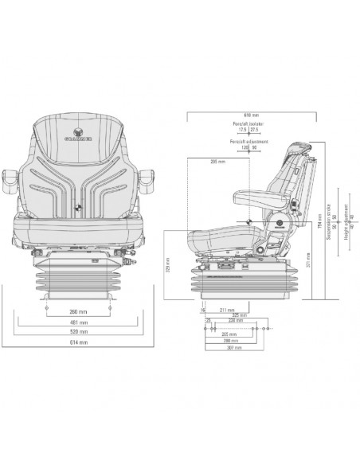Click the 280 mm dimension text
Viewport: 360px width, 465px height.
tap(231, 339)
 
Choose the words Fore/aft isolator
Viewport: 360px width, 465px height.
tap(247, 124)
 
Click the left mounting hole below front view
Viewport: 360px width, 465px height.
tap(48, 307)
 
